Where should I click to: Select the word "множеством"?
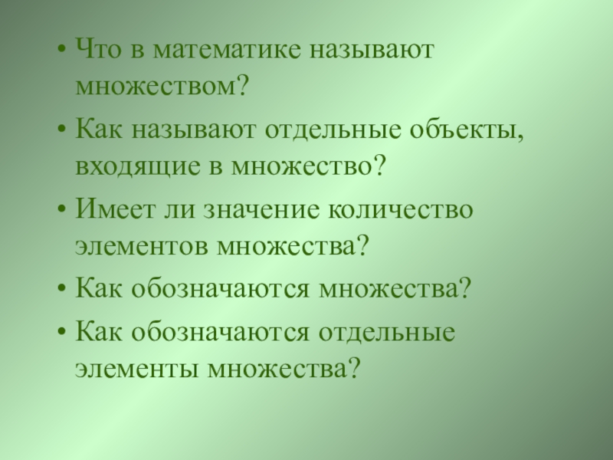[x=156, y=86]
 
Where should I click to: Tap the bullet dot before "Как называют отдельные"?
[x=61, y=128]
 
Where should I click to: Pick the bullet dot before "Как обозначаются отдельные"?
[x=61, y=333]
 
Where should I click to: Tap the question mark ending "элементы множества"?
[x=354, y=368]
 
